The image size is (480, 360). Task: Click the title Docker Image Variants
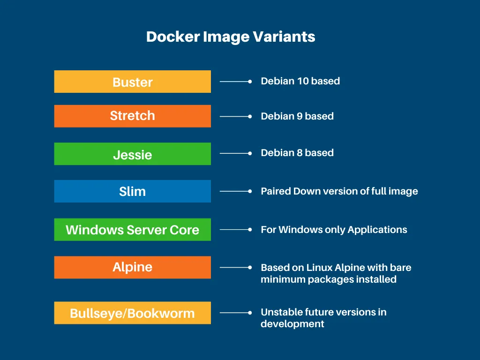pyautogui.click(x=231, y=37)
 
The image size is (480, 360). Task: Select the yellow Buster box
pyautogui.click(x=132, y=82)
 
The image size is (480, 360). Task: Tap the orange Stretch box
pyautogui.click(x=132, y=116)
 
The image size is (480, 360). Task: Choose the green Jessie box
pyautogui.click(x=132, y=154)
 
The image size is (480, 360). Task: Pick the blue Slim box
pyautogui.click(x=132, y=191)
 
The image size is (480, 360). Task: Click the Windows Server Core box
pyautogui.click(x=132, y=230)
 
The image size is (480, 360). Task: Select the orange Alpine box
pyautogui.click(x=132, y=267)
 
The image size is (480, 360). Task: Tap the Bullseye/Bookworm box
pyautogui.click(x=132, y=313)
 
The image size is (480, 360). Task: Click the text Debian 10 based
pyautogui.click(x=300, y=81)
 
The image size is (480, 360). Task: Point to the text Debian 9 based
pyautogui.click(x=297, y=116)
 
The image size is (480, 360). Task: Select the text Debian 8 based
pyautogui.click(x=297, y=153)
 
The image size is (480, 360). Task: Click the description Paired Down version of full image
pyautogui.click(x=339, y=191)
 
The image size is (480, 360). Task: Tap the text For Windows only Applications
pyautogui.click(x=334, y=230)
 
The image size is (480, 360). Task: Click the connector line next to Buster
pyautogui.click(x=234, y=82)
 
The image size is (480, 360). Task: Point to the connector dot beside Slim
pyautogui.click(x=250, y=191)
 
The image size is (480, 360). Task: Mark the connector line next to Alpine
pyautogui.click(x=234, y=267)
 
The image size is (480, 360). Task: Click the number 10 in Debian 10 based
pyautogui.click(x=303, y=81)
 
